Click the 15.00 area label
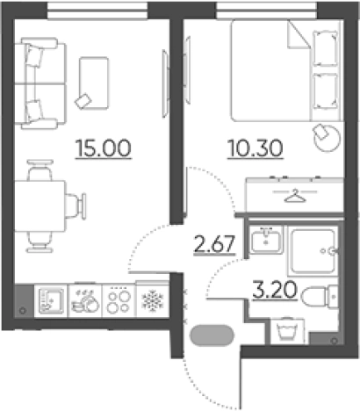[x=104, y=148]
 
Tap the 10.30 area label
[x=256, y=148]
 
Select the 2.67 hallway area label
[x=214, y=244]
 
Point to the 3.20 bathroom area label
[x=274, y=290]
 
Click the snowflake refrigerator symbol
[x=153, y=300]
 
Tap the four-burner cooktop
[x=119, y=301]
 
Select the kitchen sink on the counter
[x=51, y=301]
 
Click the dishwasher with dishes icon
[x=85, y=301]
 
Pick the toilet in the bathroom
[x=320, y=296]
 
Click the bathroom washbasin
[x=266, y=240]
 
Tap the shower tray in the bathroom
[x=313, y=252]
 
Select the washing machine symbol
[x=287, y=331]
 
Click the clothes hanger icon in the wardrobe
[x=295, y=196]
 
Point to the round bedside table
[x=327, y=138]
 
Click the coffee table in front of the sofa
[x=94, y=83]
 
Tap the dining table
[x=40, y=206]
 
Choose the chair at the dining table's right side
[x=76, y=206]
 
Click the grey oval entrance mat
[x=212, y=335]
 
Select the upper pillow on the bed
[x=325, y=48]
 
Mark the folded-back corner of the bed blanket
[x=298, y=34]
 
